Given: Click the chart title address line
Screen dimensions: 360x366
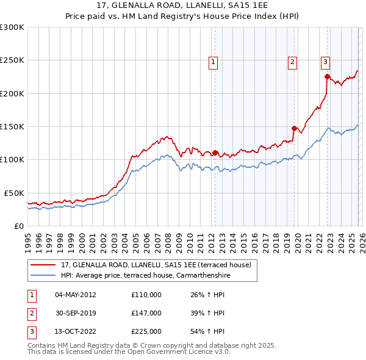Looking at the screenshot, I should pos(182,5).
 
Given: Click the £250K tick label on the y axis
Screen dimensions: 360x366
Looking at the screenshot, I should pos(12,60).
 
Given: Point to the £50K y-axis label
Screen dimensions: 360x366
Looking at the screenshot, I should pos(14,193).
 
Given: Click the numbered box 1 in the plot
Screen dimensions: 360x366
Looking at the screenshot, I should pos(213,61).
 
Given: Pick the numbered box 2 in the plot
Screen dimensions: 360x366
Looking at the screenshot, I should pos(293,61).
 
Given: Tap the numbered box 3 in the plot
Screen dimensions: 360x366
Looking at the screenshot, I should pos(325,61).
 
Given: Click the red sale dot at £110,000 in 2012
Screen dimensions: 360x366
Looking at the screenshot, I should pos(215,153).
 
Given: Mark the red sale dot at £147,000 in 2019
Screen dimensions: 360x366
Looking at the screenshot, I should pos(294,128).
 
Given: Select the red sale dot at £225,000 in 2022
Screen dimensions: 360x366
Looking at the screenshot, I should pos(327,76).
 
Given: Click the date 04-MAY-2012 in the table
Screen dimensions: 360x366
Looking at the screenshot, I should pos(75,295).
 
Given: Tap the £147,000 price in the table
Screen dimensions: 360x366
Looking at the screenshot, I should pos(146,313).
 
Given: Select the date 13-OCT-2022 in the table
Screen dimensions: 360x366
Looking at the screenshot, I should pos(75,331).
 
